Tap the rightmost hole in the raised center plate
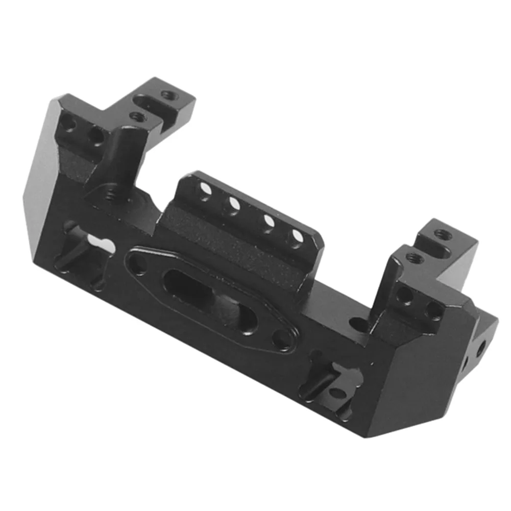(297, 237)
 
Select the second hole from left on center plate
(234, 205)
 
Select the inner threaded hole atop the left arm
(137, 116)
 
